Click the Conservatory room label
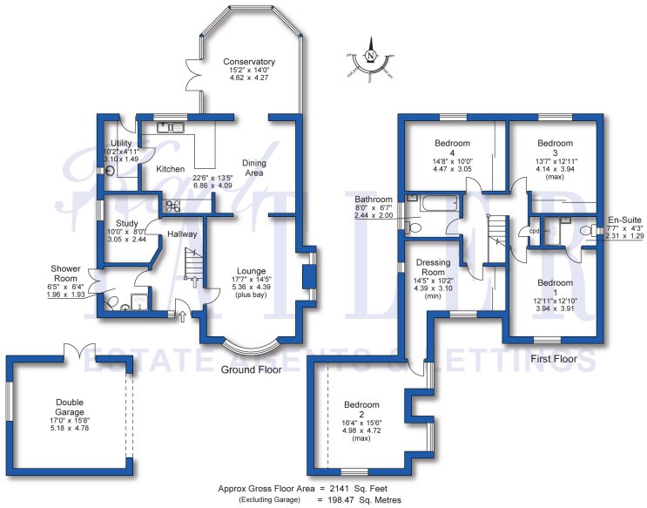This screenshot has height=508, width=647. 248,62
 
